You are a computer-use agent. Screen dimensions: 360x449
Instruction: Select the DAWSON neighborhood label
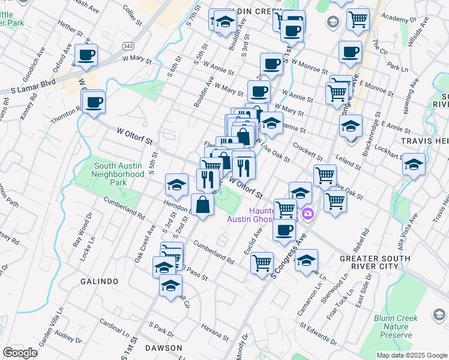[163, 348]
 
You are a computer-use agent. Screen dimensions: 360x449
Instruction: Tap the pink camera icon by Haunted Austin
[308, 214]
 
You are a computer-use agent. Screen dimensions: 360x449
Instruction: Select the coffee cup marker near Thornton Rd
[94, 103]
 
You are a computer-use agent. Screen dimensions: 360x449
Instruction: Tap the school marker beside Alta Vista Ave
[414, 164]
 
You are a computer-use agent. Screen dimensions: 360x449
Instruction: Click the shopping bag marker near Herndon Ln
[203, 205]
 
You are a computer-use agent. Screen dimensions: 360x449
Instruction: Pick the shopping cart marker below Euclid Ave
[262, 263]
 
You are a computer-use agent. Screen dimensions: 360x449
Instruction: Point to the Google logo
[20, 353]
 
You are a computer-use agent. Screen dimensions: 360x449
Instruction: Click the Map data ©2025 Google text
[411, 355]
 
